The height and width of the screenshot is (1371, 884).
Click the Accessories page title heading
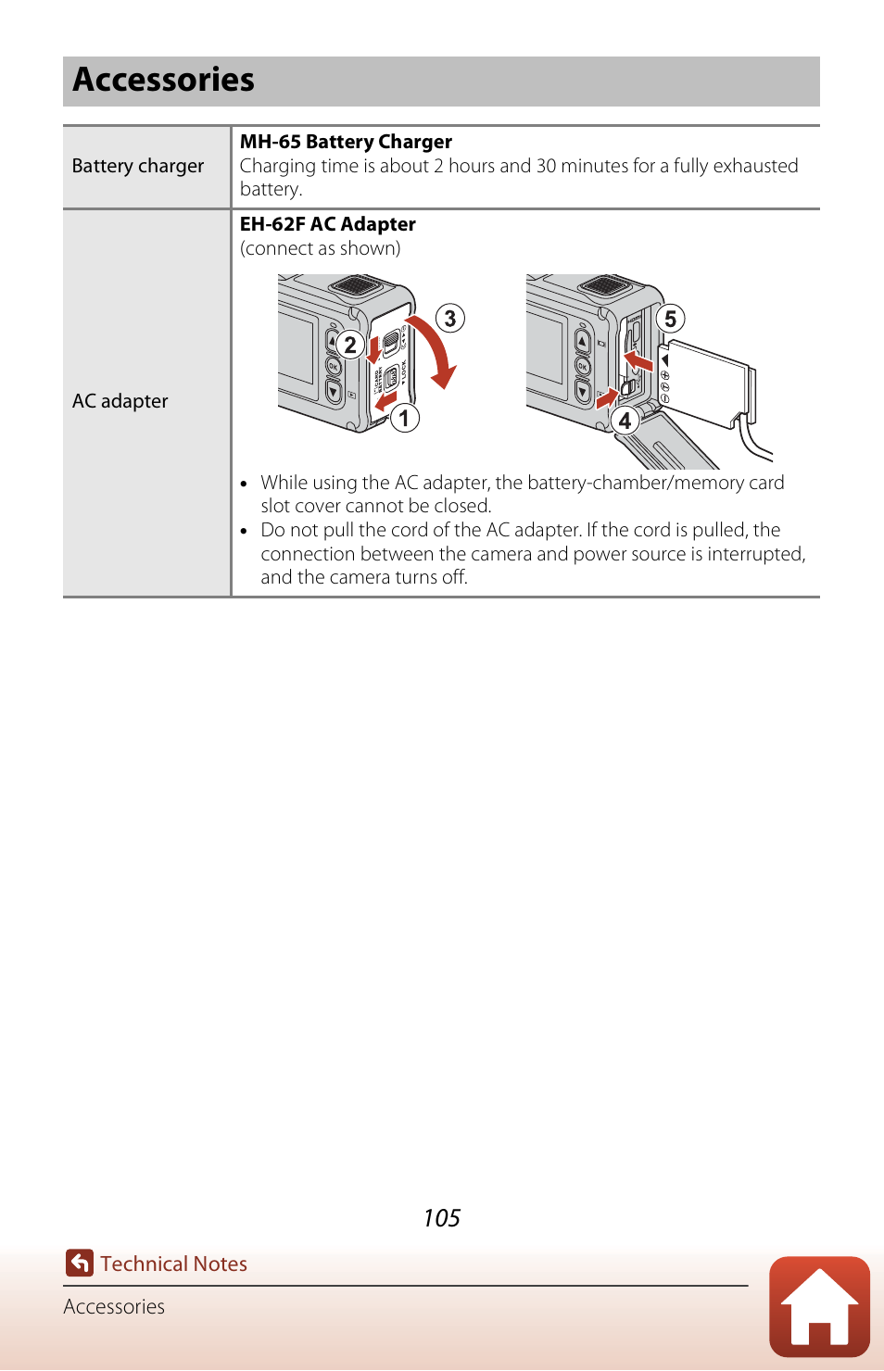[x=164, y=81]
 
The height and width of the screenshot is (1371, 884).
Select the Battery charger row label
[x=138, y=167]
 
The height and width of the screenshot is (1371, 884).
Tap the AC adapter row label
[x=120, y=401]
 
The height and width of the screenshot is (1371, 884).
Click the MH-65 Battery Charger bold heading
[x=346, y=142]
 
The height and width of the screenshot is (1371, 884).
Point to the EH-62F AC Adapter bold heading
[x=328, y=224]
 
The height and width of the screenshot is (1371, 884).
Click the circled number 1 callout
[x=404, y=418]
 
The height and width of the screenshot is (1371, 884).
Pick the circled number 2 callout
[x=349, y=345]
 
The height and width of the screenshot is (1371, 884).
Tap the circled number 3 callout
[x=450, y=319]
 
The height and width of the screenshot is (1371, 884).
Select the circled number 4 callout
[x=625, y=421]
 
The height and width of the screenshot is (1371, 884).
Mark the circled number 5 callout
[x=670, y=319]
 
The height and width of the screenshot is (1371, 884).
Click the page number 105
[x=441, y=1218]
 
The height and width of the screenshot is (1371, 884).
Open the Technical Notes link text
[x=174, y=1264]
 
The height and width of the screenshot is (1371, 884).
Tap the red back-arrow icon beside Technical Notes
[x=80, y=1263]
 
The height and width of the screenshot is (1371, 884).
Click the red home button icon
[x=819, y=1306]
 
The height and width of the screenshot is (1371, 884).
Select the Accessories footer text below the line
[x=114, y=1307]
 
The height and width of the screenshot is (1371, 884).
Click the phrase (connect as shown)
[x=321, y=248]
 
